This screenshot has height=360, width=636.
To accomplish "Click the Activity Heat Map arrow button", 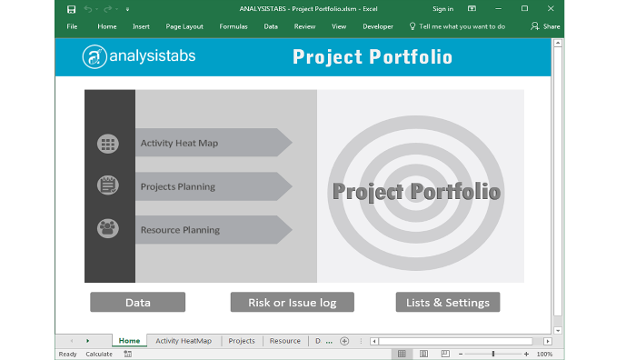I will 214,143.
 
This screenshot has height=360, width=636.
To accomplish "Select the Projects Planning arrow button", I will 214,186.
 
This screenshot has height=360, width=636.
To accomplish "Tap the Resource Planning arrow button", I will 214,230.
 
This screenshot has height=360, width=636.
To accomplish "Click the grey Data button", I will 137,303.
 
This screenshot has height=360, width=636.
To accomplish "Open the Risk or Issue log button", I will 292,303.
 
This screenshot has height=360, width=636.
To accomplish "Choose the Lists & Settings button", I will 448,303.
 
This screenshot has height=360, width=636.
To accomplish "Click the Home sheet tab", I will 129,341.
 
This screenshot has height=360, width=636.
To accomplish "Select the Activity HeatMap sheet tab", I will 184,341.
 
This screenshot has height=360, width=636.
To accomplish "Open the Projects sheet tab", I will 242,341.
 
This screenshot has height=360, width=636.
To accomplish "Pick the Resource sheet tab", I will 284,341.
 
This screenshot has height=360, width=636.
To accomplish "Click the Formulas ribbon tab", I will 234,26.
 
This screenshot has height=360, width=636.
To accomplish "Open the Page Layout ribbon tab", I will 184,26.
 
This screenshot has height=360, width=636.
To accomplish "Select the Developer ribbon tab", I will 378,26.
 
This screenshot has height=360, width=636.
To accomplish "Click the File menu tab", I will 72,26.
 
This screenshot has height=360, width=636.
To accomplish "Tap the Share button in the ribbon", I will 546,26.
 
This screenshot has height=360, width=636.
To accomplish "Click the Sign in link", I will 442,8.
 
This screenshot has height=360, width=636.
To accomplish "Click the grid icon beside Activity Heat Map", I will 108,144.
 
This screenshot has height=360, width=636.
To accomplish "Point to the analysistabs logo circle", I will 94,57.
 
